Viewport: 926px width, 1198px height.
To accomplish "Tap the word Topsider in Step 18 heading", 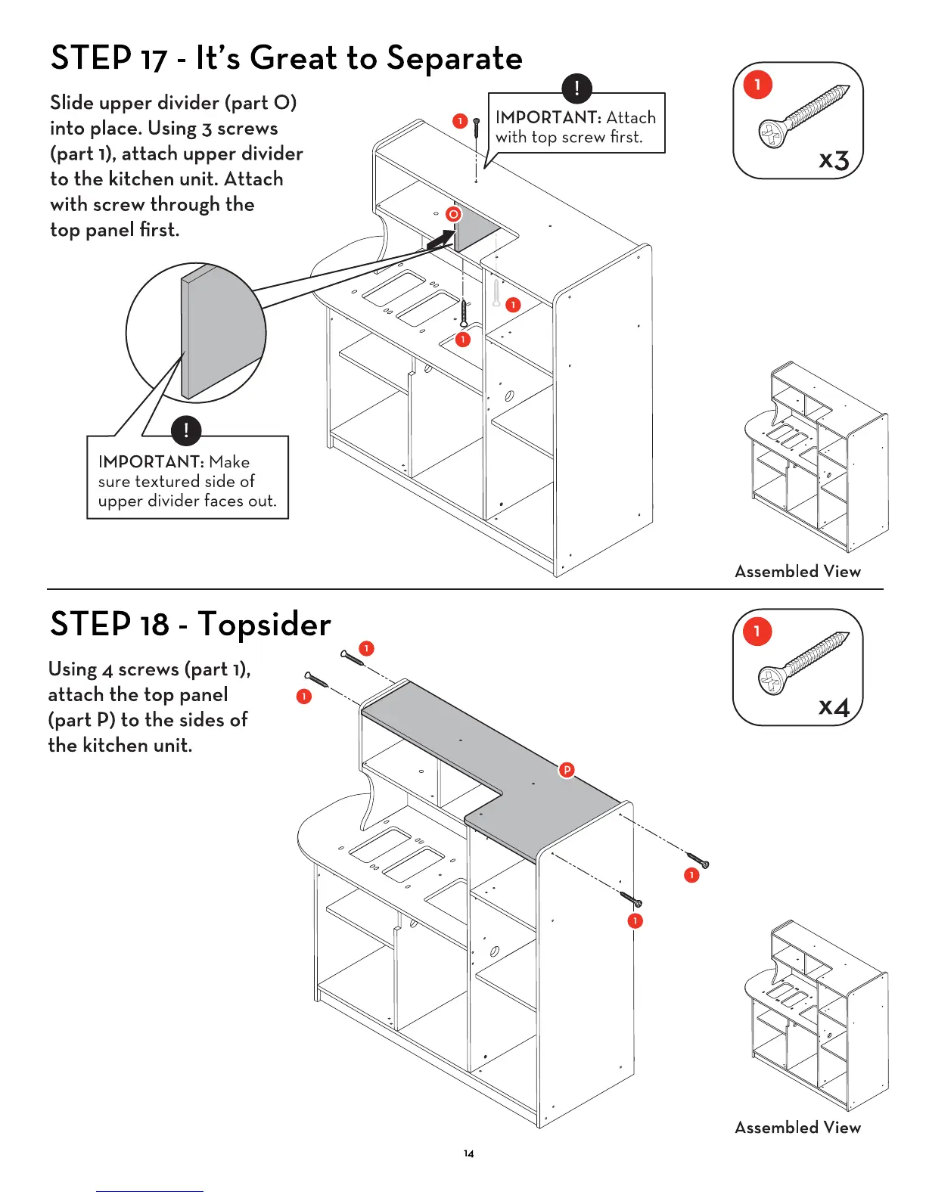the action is (x=264, y=625).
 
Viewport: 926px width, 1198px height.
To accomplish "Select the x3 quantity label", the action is (x=834, y=160).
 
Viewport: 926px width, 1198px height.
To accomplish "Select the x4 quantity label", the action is (x=834, y=706).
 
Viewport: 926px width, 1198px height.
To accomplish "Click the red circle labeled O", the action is (x=453, y=214).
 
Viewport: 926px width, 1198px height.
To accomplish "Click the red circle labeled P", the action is (x=567, y=770).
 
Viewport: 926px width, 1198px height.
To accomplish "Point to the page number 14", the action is (x=469, y=1153).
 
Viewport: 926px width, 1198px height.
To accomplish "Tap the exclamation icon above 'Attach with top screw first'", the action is (x=576, y=88).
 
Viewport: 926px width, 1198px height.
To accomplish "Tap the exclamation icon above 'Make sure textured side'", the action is (x=186, y=430).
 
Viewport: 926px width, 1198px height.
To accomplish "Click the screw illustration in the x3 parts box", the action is (x=803, y=116).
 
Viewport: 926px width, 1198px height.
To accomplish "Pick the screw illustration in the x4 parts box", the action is (x=803, y=663).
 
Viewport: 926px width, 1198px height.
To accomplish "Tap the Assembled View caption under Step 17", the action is (x=797, y=572).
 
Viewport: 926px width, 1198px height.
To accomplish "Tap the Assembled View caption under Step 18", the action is (x=797, y=1128).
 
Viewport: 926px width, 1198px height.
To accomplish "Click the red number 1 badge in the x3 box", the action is (x=757, y=84).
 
